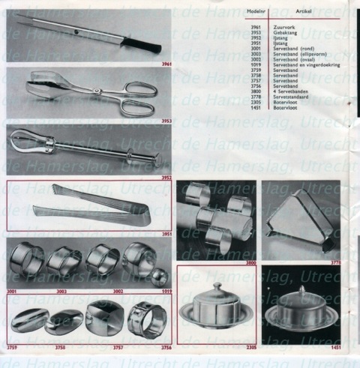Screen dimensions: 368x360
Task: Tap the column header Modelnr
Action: [257, 10]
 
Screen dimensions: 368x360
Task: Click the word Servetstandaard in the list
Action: [291, 97]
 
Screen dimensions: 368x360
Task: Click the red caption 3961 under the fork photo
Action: [166, 64]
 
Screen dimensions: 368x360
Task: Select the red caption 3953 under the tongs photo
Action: [166, 120]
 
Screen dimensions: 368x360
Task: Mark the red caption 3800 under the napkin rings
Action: [250, 264]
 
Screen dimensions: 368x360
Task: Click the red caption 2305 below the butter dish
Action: [250, 349]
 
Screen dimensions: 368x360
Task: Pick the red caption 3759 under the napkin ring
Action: [13, 349]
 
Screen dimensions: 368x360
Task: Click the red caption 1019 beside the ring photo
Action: [166, 292]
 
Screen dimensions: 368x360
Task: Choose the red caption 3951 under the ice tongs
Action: [166, 235]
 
